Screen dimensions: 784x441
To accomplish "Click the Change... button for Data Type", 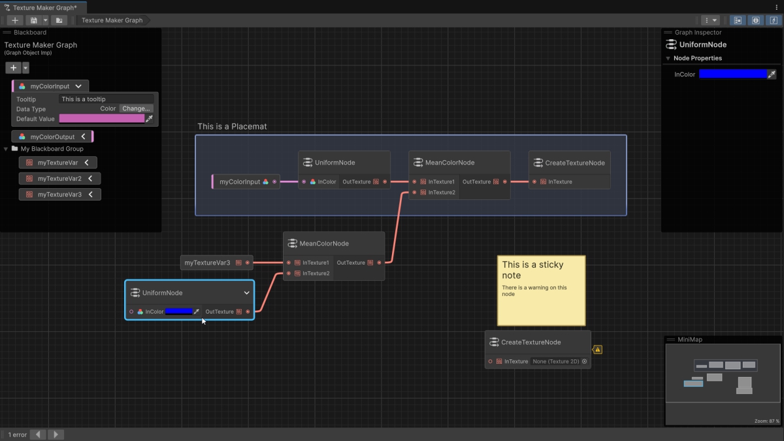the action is pos(136,108).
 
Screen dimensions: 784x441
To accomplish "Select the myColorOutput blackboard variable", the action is pos(52,137).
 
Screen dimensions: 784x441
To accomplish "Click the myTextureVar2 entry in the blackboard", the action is pos(60,178).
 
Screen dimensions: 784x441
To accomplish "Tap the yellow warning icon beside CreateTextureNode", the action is pos(597,350).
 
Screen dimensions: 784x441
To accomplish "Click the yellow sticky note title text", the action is pos(532,270).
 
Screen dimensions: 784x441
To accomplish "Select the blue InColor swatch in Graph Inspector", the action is pos(732,74).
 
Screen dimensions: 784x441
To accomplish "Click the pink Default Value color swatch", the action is pos(101,119).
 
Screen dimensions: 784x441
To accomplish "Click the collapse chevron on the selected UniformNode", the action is pos(246,293).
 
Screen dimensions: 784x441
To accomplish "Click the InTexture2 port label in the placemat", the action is pos(442,193).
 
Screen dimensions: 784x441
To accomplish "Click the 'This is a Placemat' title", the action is pos(232,126).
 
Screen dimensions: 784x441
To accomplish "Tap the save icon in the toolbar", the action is pos(33,20).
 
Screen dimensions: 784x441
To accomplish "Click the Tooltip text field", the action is pos(106,99).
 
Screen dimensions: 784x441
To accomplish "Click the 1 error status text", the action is pos(18,434).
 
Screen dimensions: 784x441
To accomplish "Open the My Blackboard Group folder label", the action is pos(52,149).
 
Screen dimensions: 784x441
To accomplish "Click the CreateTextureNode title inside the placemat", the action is pos(575,163).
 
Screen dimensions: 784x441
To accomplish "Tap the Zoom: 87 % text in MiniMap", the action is pos(766,421).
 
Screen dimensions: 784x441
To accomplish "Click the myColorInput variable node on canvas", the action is pos(246,182).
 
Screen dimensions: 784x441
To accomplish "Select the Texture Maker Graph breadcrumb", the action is pos(112,20).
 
